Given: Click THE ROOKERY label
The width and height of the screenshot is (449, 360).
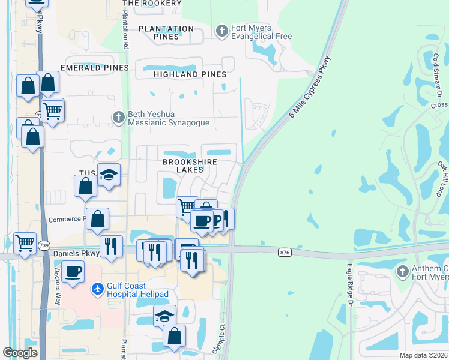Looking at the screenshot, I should point(151,4).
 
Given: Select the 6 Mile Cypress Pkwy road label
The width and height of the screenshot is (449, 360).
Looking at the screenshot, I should point(309,87).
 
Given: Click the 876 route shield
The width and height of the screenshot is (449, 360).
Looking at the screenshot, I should point(285,253).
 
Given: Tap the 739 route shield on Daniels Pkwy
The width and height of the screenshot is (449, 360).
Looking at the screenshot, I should point(43,245).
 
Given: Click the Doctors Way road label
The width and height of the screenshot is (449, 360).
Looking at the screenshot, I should point(58,286).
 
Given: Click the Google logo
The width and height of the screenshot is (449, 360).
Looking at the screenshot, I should point(20,353).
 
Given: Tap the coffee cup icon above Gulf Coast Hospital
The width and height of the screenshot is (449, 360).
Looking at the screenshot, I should point(73,271).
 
